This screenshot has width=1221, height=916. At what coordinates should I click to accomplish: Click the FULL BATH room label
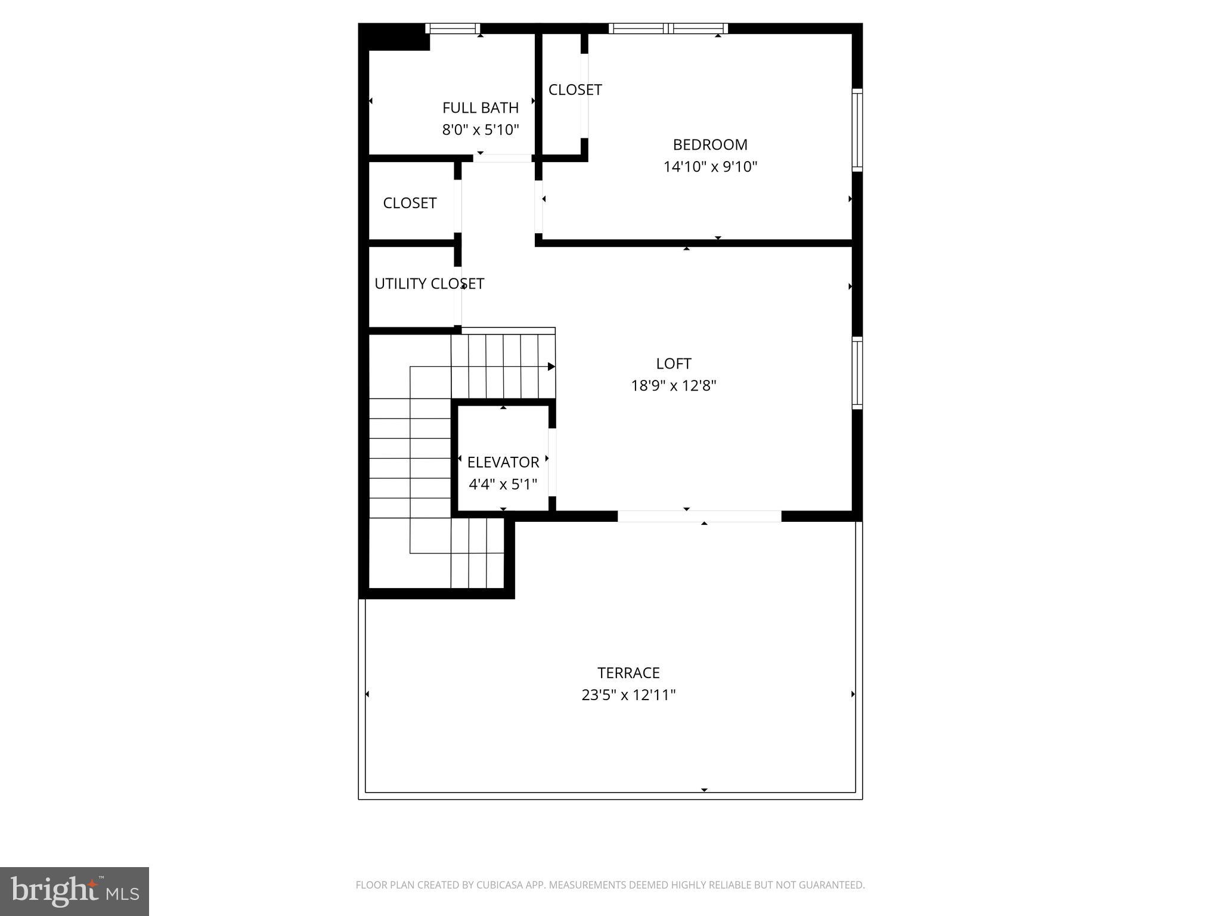480,108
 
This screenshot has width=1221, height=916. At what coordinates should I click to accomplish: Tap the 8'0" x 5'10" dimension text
480,130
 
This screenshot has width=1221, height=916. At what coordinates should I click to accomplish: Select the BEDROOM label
709,145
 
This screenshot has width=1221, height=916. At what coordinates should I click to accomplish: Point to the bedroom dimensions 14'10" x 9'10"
709,167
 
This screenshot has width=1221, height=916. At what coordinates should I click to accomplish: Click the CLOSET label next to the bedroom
575,90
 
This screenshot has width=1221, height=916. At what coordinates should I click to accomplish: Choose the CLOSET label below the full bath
410,203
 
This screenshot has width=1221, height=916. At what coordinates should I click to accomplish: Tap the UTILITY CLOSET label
429,284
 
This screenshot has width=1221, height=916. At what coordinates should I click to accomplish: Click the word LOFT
673,364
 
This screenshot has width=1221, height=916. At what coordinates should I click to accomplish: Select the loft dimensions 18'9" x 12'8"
673,386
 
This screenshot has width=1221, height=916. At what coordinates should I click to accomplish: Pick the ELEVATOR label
503,462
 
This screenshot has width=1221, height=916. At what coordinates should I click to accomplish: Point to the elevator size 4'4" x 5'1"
503,484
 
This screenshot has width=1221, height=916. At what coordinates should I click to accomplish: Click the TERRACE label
628,673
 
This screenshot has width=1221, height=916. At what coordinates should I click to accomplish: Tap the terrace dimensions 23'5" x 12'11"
628,695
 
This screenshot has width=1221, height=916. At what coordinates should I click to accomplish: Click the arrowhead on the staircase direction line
551,367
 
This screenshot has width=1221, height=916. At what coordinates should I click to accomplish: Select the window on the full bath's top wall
453,28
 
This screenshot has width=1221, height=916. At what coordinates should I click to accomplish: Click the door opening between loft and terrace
699,516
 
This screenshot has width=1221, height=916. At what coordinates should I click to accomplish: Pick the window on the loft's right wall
857,373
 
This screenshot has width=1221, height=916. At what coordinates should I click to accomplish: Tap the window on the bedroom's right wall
857,129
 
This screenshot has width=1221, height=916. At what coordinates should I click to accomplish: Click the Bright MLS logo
75,891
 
